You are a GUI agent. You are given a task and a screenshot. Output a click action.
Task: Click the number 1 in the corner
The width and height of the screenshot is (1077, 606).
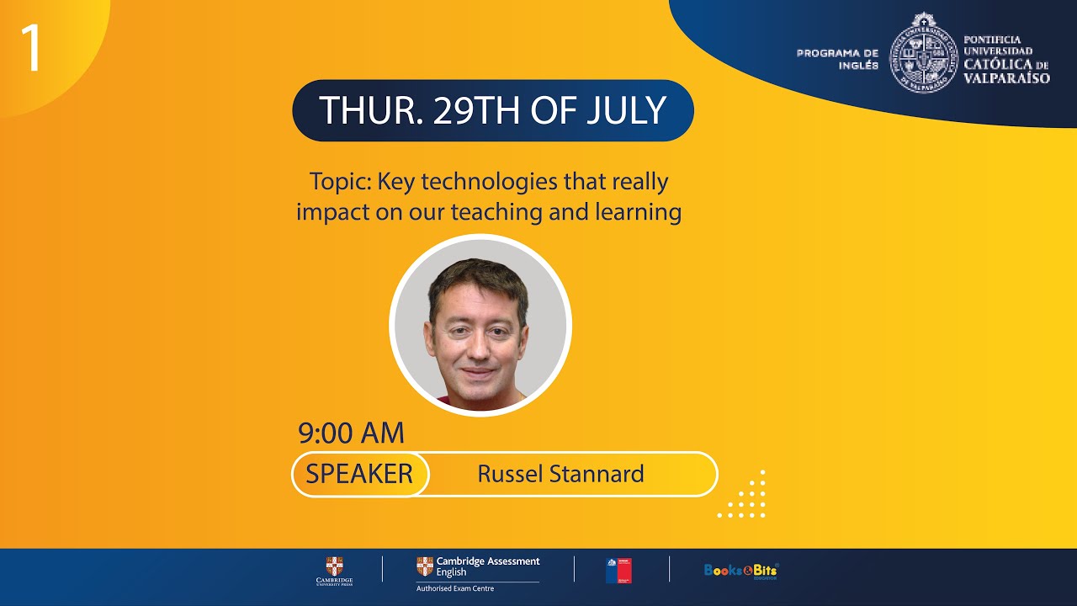(x=30, y=48)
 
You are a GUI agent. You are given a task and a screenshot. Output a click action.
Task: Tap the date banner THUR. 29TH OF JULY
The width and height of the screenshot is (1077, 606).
(x=492, y=110)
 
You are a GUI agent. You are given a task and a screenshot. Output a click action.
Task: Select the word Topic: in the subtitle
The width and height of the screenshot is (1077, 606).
(x=340, y=181)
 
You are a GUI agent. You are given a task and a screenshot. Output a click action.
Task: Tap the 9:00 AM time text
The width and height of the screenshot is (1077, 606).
(x=351, y=433)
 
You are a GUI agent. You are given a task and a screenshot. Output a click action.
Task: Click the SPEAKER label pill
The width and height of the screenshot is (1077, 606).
(x=359, y=474)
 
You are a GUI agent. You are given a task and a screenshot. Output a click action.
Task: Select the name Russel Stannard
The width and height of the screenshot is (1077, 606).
(x=560, y=474)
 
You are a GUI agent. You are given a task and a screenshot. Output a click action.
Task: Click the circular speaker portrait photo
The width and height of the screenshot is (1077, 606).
(x=480, y=326)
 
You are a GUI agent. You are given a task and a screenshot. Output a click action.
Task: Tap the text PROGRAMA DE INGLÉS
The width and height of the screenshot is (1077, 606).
(x=837, y=59)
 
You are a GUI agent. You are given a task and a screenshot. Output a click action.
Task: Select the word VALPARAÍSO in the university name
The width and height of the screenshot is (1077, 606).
(x=1007, y=77)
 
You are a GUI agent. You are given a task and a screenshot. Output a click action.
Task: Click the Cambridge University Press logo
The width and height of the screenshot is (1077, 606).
(x=335, y=570)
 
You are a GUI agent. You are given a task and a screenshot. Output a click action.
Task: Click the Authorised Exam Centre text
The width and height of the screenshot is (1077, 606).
(x=455, y=588)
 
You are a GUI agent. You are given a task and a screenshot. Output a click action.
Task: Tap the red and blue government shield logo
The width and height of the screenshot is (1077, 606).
(x=618, y=570)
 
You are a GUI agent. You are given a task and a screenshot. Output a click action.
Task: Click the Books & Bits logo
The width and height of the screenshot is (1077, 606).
(x=741, y=570)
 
